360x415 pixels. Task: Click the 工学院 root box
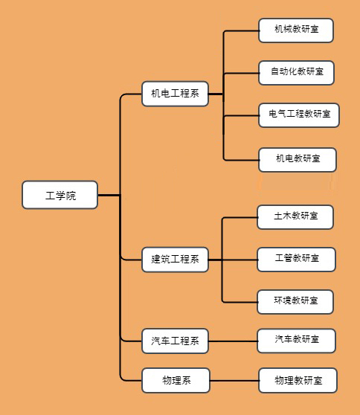click(x=60, y=195)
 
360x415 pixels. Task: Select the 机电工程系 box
click(x=175, y=94)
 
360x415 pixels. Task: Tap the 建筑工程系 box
click(x=175, y=260)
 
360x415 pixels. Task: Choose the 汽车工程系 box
click(x=175, y=341)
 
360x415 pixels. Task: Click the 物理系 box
click(x=176, y=380)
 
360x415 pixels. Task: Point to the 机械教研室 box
click(x=296, y=30)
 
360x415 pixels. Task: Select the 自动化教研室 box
click(x=296, y=73)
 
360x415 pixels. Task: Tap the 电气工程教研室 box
click(x=299, y=115)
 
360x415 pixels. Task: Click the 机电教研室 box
click(x=298, y=160)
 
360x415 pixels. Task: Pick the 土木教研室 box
click(x=295, y=217)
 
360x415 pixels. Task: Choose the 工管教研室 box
click(x=296, y=260)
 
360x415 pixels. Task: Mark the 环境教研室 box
click(x=295, y=302)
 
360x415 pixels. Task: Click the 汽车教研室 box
click(x=296, y=341)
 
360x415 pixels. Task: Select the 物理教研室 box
click(x=298, y=380)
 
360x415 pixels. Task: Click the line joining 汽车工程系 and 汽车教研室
click(x=233, y=341)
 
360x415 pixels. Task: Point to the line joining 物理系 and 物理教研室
click(x=234, y=381)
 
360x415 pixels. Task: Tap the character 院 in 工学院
click(x=71, y=196)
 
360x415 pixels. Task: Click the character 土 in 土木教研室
click(x=278, y=216)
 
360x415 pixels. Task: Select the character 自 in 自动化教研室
click(x=274, y=71)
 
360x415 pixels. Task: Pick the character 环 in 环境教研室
click(x=278, y=300)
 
